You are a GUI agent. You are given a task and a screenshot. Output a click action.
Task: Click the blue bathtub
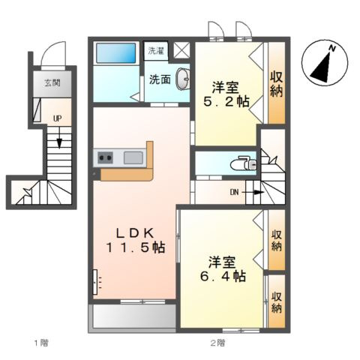116,53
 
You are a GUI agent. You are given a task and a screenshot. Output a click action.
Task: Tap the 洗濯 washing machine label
156,51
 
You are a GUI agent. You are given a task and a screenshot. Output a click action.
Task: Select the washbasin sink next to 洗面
183,79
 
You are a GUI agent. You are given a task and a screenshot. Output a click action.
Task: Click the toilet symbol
243,164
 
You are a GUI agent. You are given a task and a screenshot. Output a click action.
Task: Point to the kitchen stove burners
105,157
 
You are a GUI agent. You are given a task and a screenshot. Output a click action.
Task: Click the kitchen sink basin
133,157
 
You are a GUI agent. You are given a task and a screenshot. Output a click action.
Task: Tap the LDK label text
135,233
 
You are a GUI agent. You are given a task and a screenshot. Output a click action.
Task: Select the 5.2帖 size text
226,101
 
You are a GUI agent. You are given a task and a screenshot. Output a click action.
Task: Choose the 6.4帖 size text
223,276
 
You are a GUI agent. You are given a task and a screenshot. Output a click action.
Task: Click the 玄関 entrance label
52,82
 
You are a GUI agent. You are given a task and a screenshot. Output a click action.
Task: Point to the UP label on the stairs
57,118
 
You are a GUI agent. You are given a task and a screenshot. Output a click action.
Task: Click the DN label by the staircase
235,192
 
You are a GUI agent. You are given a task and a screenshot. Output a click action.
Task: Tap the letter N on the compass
332,49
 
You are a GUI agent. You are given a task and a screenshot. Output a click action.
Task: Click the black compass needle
322,68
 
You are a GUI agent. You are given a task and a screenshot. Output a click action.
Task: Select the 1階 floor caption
41,343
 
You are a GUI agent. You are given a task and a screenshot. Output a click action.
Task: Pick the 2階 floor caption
217,343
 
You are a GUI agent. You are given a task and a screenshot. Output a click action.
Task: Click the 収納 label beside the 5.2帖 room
277,84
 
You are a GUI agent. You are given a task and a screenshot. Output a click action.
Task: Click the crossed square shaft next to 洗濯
181,50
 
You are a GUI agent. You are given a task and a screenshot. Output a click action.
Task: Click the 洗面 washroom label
160,79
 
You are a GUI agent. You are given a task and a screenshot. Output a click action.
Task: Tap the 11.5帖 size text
136,247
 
